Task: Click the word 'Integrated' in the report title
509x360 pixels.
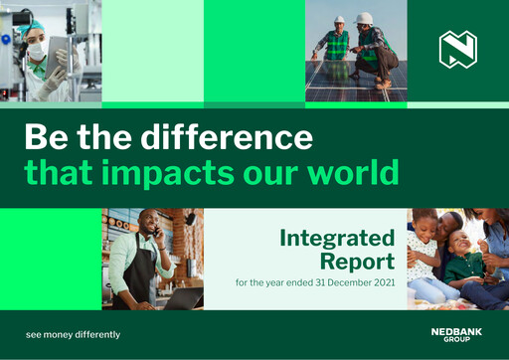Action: click(337, 239)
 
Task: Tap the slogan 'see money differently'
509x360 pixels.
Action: click(73, 334)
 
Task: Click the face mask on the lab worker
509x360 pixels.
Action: click(36, 51)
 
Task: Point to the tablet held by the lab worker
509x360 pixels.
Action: click(59, 49)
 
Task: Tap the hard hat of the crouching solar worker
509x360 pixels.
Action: click(364, 18)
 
